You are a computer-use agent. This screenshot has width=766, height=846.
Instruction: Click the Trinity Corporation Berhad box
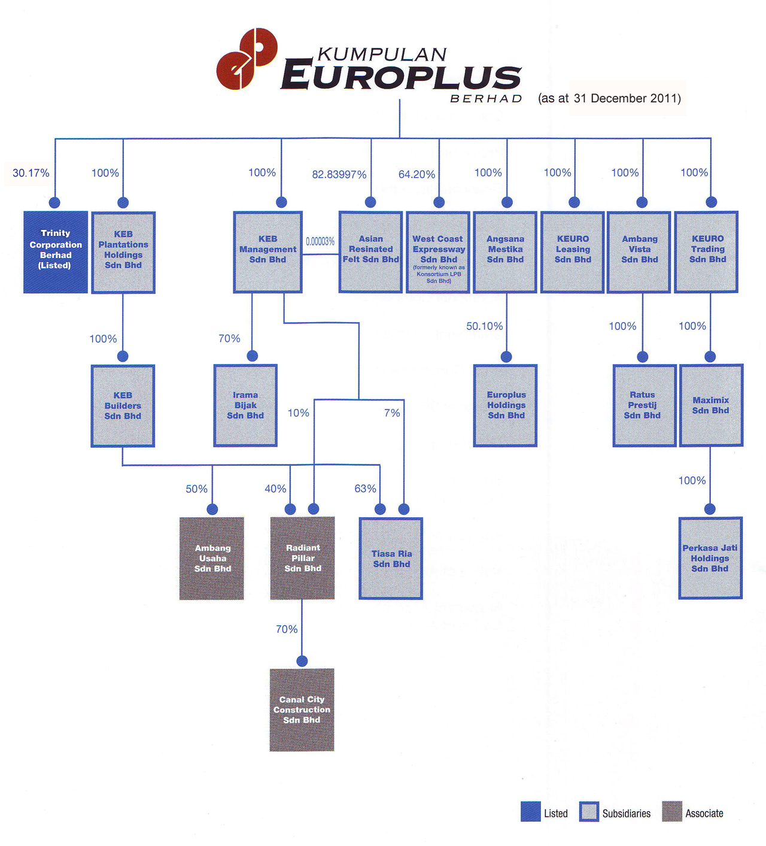click(56, 251)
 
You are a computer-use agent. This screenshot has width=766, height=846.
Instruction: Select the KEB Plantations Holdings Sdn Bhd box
click(123, 252)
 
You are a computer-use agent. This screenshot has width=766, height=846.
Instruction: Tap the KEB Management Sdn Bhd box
click(268, 251)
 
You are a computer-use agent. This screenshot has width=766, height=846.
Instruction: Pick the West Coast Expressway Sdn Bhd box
click(438, 252)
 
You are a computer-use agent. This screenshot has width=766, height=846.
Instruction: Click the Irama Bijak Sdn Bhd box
click(245, 405)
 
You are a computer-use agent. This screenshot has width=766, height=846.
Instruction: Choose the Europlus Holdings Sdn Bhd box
click(506, 405)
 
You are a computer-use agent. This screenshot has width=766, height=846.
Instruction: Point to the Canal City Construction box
click(302, 709)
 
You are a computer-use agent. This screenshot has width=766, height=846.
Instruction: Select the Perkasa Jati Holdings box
click(710, 558)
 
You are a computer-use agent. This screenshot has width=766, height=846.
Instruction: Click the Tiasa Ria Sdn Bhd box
click(391, 559)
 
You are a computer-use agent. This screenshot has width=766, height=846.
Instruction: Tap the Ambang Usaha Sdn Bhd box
click(212, 558)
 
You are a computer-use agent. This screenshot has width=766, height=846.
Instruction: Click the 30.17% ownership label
click(31, 173)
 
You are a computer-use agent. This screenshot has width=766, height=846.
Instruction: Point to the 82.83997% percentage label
click(339, 174)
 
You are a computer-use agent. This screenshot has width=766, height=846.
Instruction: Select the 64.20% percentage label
click(417, 174)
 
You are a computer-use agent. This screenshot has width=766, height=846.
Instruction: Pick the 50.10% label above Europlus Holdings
click(484, 326)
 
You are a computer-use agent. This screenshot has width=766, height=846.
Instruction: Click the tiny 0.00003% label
click(320, 241)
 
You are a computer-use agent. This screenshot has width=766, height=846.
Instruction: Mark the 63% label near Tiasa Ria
click(365, 489)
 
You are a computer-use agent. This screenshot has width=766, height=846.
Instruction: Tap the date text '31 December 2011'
click(627, 98)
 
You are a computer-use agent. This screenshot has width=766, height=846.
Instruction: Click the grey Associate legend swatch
click(672, 812)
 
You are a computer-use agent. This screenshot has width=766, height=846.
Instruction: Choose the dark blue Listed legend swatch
click(530, 812)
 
